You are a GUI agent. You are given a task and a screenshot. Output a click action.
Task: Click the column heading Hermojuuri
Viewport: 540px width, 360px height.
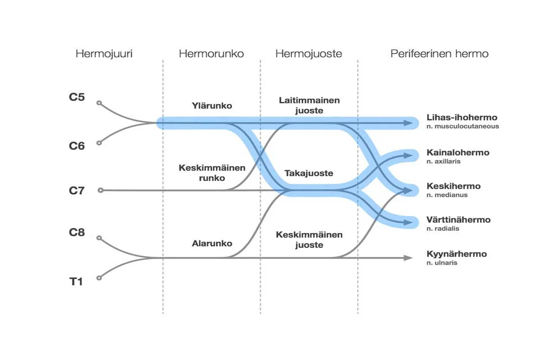tap(104, 54)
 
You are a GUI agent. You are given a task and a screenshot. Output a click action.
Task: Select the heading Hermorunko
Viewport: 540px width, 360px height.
tap(211, 54)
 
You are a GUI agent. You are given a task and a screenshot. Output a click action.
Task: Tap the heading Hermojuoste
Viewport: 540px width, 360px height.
tap(309, 54)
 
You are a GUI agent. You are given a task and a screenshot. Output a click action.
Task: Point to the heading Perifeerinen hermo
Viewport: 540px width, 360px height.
tap(439, 54)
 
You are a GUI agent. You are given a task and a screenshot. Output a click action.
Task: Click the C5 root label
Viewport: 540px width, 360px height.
tap(76, 97)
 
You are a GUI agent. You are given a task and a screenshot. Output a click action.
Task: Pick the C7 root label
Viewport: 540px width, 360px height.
tap(76, 190)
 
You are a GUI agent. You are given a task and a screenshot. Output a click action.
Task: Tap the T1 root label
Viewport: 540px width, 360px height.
tap(76, 283)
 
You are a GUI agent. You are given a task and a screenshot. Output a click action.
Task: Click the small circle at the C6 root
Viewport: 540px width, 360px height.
tap(99, 143)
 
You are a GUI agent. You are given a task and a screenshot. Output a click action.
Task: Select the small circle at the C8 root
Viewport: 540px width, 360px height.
tap(99, 238)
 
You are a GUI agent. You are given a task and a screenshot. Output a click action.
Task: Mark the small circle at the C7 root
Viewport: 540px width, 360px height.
tap(101, 190)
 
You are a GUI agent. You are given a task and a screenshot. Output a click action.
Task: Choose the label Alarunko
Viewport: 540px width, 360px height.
tap(212, 243)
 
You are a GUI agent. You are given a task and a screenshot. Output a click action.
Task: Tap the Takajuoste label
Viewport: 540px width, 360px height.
tap(309, 173)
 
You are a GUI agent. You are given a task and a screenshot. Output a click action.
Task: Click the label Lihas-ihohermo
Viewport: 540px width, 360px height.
tap(462, 118)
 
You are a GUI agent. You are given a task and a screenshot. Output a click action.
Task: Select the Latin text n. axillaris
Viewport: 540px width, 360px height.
tap(443, 161)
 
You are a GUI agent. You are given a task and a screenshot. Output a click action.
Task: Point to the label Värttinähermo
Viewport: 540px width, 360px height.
tap(458, 220)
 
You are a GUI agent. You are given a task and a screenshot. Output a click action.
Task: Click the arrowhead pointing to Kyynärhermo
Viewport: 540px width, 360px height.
tap(408, 258)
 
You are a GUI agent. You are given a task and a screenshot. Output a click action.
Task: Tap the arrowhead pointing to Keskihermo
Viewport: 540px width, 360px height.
tap(408, 190)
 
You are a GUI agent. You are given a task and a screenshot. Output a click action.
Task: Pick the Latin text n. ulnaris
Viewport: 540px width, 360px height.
tap(442, 262)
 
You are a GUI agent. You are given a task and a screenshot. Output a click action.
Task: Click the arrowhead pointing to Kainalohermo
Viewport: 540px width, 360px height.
tap(408, 156)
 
